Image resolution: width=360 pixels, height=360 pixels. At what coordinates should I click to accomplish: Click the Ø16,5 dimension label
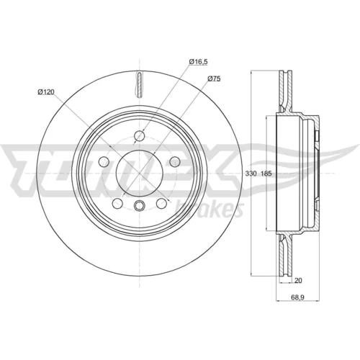(198, 62)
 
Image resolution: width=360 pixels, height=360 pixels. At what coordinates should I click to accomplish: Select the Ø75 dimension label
(214, 78)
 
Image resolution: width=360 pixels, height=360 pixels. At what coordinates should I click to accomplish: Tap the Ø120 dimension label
(46, 91)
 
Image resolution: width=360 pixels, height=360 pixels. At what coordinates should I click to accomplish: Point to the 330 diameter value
(251, 174)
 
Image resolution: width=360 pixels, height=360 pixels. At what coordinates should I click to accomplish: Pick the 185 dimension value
(266, 174)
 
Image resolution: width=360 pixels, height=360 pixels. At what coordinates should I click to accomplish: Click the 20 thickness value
(298, 280)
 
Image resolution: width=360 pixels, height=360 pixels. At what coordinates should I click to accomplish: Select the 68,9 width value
(298, 297)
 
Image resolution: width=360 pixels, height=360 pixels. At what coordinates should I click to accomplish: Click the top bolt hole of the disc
(140, 136)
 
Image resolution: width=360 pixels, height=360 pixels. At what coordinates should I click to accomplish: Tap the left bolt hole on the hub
(104, 161)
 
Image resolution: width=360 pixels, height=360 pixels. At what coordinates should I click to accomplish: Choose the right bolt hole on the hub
(175, 161)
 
